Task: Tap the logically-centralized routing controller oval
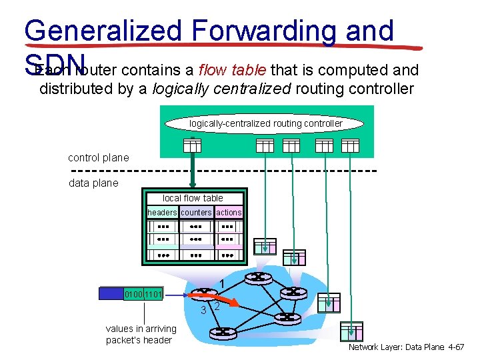[x=265, y=123]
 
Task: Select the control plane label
[x=99, y=158]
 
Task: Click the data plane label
[x=93, y=183]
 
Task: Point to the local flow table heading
[x=193, y=198]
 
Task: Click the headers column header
[x=162, y=213]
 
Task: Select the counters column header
[x=196, y=213]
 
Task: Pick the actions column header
[x=229, y=213]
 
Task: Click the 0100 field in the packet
[x=134, y=293]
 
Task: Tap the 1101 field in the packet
[x=153, y=293]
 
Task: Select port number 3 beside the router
[x=204, y=309]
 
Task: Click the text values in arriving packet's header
[x=141, y=334]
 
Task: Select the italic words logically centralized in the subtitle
[x=213, y=88]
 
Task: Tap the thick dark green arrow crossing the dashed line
[x=192, y=163]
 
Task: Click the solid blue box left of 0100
[x=110, y=293]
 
